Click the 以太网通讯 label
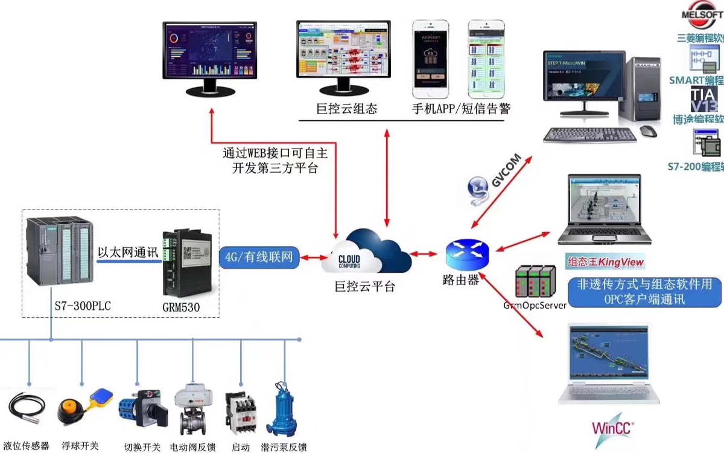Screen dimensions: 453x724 [x=128, y=252]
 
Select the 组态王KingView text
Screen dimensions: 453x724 [x=605, y=262]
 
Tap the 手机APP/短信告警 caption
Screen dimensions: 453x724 [x=461, y=109]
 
